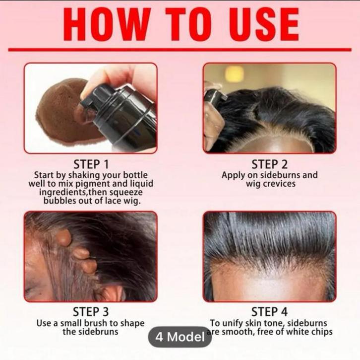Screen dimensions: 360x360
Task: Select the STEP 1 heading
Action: tap(90, 164)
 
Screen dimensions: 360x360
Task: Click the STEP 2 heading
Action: tap(269, 164)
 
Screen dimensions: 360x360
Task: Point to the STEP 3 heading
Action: tap(90, 312)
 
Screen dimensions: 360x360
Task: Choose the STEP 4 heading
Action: tap(269, 312)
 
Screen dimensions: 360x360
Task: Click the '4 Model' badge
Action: tap(180, 337)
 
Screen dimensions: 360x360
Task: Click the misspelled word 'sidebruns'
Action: tap(97, 332)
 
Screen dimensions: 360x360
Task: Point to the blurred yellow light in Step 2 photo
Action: tap(234, 73)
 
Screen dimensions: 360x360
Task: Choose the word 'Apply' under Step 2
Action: tap(233, 175)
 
